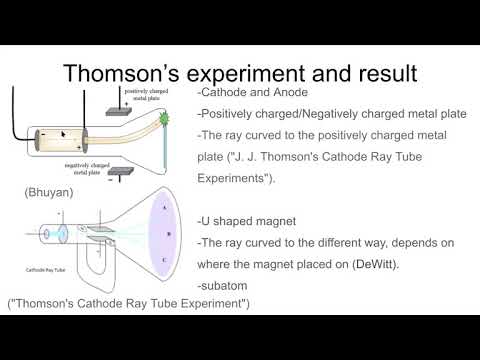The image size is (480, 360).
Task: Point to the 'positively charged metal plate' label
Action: tap(149, 95)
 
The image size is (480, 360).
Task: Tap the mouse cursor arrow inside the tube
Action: tap(63, 132)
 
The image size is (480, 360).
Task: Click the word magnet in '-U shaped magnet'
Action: tap(275, 219)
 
